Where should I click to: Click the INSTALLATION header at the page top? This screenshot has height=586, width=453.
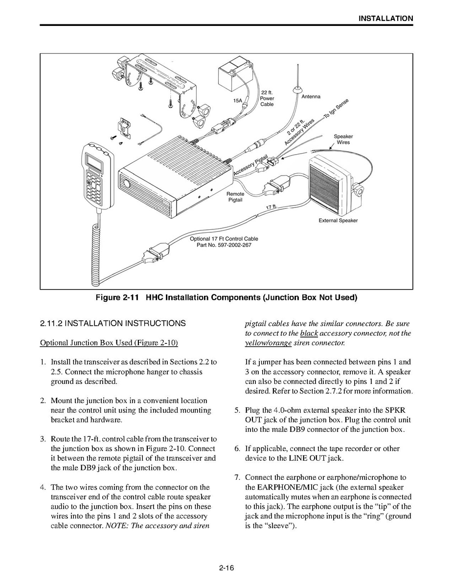click(385, 19)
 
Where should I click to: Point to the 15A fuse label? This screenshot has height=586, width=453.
click(237, 100)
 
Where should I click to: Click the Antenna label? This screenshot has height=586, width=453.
click(311, 97)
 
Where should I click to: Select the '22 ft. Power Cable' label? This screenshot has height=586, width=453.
click(267, 98)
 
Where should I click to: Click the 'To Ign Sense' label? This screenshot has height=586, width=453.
click(336, 109)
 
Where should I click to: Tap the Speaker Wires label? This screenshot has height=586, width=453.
click(343, 139)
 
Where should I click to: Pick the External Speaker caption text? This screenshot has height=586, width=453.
click(338, 221)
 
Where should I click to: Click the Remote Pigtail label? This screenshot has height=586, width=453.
click(235, 197)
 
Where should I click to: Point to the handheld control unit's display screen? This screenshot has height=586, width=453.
click(93, 160)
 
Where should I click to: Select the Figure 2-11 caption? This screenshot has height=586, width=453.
click(226, 297)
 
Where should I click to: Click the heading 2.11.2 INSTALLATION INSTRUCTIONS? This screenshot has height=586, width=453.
click(113, 323)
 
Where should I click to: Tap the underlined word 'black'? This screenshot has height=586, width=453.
click(309, 333)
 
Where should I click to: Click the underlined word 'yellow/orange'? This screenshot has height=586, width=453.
click(268, 343)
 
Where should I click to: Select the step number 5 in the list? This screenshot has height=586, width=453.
click(237, 410)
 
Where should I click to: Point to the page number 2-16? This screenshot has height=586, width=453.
click(226, 568)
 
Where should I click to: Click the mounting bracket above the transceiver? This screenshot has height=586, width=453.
click(161, 86)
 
